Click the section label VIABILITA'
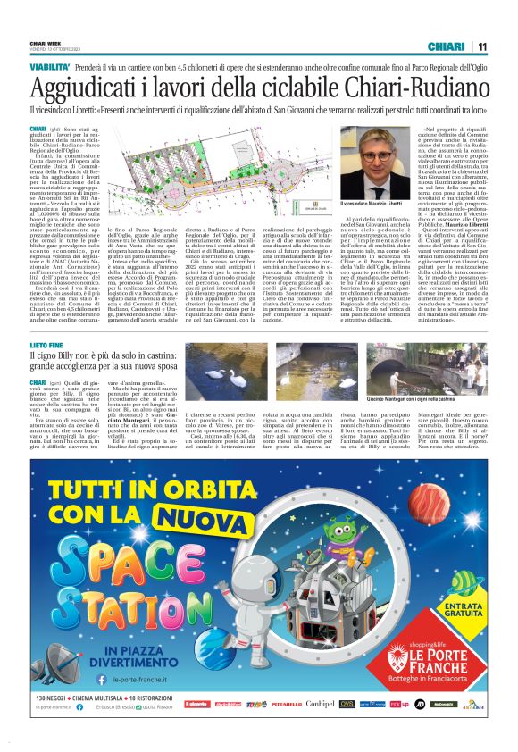pyautogui.click(x=50, y=68)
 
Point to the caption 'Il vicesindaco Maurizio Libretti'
pyautogui.click(x=375, y=205)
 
